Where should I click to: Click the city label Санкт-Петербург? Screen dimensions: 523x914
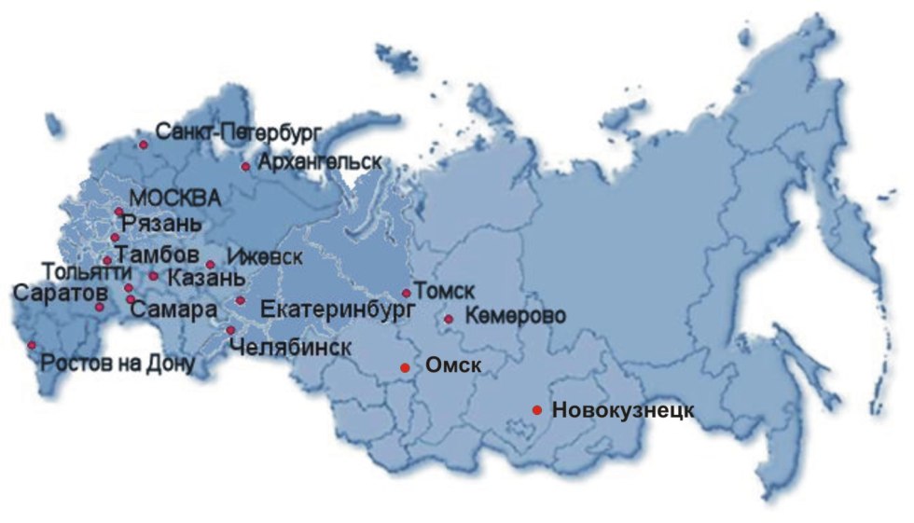coord(225,131)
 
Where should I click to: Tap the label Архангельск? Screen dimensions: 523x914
coord(320,161)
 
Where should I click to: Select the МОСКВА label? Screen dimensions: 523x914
coord(175,198)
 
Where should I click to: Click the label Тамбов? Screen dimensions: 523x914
coord(157,255)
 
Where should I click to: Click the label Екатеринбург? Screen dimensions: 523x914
coord(339,308)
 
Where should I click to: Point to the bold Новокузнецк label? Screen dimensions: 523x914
coord(623,410)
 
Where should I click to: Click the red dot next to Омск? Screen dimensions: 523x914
coord(405,367)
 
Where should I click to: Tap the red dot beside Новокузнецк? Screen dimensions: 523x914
coord(537,410)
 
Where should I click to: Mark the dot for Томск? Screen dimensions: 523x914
coord(406,293)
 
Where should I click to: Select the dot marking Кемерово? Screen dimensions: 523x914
coord(449,319)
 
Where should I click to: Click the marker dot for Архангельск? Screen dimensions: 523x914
coord(245,167)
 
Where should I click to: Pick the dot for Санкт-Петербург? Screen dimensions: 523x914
coord(144,145)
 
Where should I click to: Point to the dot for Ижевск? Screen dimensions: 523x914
coord(211,265)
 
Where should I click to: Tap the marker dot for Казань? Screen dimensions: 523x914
coord(153,276)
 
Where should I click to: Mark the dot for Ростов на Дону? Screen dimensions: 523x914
coord(32,345)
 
